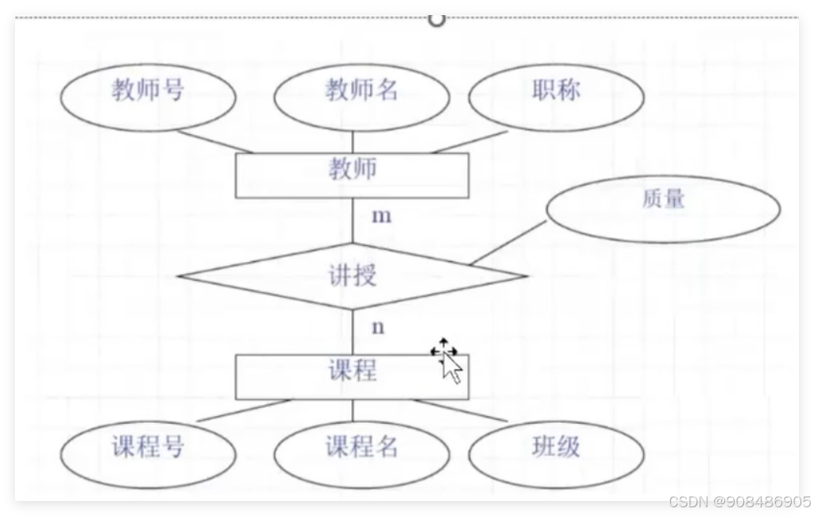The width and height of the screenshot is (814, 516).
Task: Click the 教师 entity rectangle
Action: pyautogui.click(x=352, y=175)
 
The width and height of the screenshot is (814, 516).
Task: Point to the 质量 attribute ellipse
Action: pyautogui.click(x=663, y=208)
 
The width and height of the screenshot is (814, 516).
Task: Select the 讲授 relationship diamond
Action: pyautogui.click(x=352, y=276)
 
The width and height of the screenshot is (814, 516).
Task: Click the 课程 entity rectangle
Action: pyautogui.click(x=352, y=376)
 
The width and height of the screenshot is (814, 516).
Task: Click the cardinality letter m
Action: pyautogui.click(x=382, y=216)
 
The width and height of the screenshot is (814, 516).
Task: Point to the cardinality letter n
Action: pyautogui.click(x=378, y=326)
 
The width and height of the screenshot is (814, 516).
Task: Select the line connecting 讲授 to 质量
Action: pyautogui.click(x=507, y=243)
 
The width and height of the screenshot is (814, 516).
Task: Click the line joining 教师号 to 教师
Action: pyautogui.click(x=214, y=141)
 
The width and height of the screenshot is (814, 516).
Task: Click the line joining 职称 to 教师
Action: pyautogui.click(x=469, y=141)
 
